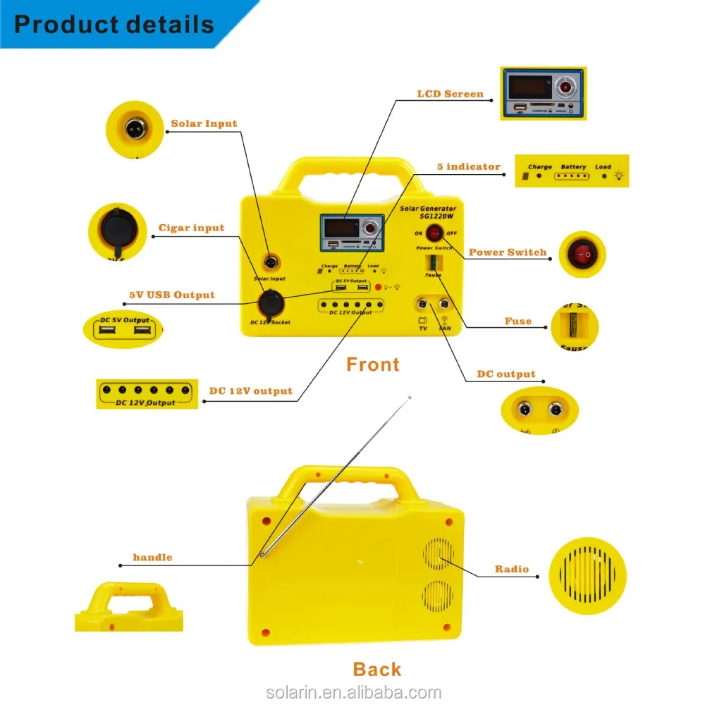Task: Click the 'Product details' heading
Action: (x=114, y=25)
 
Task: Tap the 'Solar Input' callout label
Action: (x=204, y=124)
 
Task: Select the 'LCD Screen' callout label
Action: (x=450, y=94)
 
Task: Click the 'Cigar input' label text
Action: (x=191, y=228)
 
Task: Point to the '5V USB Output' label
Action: (x=171, y=295)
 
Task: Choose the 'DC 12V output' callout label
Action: (x=250, y=391)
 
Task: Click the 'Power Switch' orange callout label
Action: (x=507, y=252)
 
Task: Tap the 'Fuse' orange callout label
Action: (x=517, y=321)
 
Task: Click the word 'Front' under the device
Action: (x=373, y=364)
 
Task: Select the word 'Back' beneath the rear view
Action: (x=376, y=669)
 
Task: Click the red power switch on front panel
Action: (x=434, y=233)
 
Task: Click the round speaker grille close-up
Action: (x=587, y=575)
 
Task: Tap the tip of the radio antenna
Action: (x=410, y=398)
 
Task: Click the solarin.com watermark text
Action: (x=354, y=693)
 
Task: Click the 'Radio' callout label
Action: (x=511, y=569)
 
